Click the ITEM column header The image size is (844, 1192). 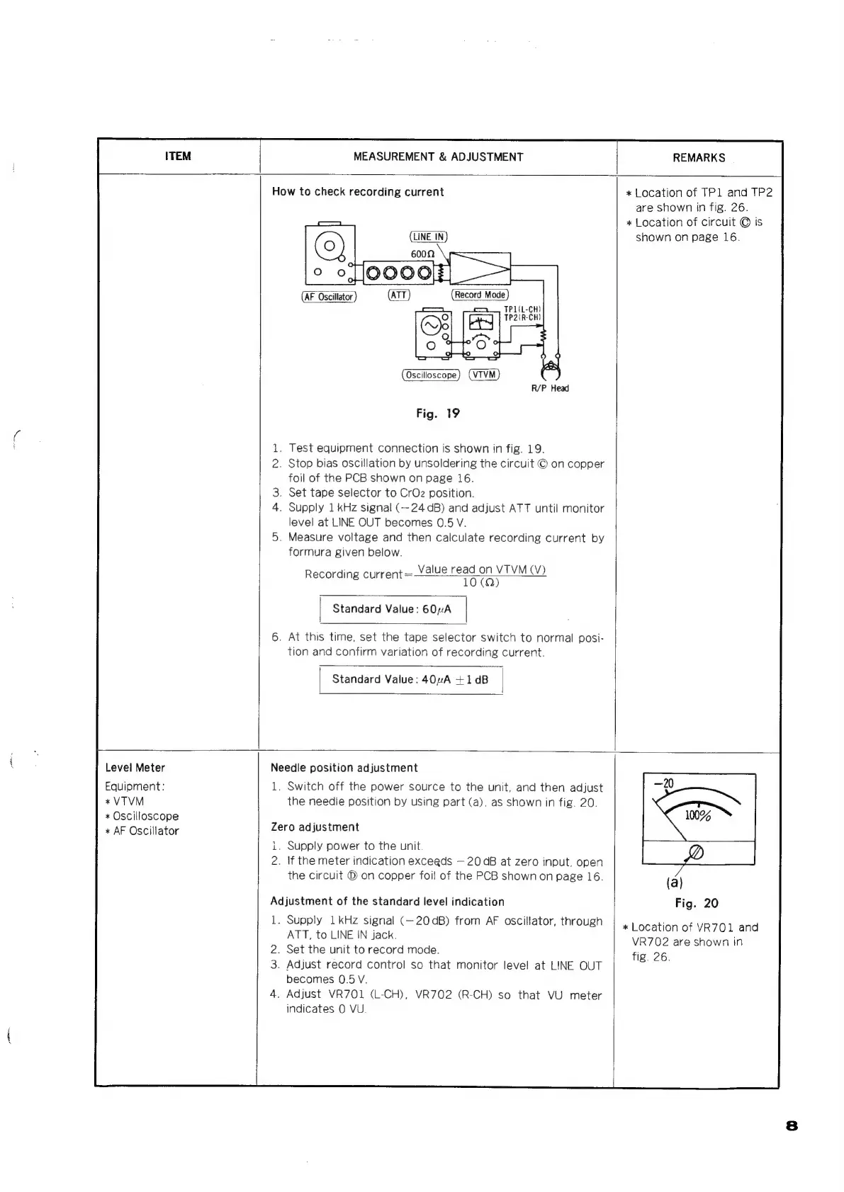pos(177,157)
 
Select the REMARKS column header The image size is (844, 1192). pos(699,157)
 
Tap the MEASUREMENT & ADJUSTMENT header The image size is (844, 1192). pos(438,157)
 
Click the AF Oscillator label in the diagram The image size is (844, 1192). pos(329,297)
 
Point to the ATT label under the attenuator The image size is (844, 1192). pos(399,295)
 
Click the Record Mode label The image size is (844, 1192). pos(480,295)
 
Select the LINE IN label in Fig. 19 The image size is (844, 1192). pos(429,237)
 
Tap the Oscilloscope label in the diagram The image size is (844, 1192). pos(431,375)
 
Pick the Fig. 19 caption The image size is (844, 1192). pos(437,414)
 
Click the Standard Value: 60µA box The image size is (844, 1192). pos(393,609)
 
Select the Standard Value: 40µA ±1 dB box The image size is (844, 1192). pos(411,680)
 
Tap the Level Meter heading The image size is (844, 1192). pos(135,768)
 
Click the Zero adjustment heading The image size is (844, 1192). pos(315,827)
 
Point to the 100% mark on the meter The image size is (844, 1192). pos(697,815)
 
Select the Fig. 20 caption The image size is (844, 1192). pos(696,903)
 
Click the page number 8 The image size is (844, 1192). pos(792,1125)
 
